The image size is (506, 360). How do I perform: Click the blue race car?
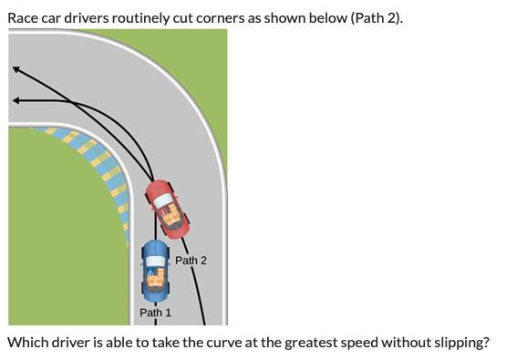pos(155,271)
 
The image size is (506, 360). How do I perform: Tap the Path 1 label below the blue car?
pos(155,313)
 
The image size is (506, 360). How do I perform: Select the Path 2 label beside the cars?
pos(191,261)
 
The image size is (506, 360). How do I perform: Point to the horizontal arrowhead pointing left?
pos(16,99)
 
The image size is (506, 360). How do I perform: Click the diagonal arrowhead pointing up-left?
pos(16,69)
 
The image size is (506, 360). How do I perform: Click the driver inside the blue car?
pos(155,276)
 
